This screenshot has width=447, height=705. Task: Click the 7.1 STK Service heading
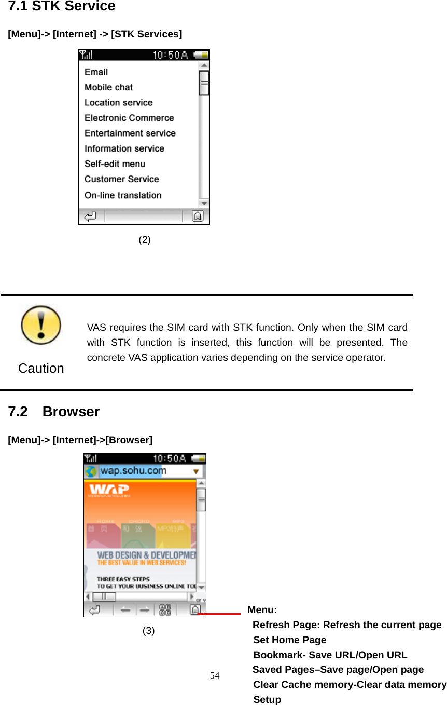click(x=62, y=7)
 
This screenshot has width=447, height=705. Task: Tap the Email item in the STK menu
click(x=96, y=72)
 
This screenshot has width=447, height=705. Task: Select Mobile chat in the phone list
click(x=108, y=87)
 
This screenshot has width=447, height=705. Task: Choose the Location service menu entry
click(x=118, y=103)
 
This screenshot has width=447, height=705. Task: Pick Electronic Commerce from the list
click(x=129, y=118)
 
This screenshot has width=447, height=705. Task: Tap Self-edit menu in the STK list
click(x=115, y=164)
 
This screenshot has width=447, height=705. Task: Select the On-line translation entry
click(x=123, y=195)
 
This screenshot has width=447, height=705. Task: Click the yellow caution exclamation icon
click(x=41, y=326)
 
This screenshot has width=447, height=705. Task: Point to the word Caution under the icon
click(x=41, y=368)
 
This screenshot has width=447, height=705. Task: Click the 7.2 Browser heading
click(x=54, y=412)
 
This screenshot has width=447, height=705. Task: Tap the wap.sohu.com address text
click(x=133, y=471)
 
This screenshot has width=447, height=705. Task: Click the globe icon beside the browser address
click(x=91, y=471)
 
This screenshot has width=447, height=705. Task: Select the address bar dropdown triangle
click(x=197, y=472)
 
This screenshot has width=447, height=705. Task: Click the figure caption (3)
click(x=149, y=631)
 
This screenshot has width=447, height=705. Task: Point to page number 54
click(x=215, y=675)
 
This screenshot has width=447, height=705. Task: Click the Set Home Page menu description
click(x=290, y=640)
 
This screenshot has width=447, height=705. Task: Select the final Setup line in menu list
click(x=267, y=699)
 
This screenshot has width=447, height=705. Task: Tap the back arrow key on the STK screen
click(x=90, y=216)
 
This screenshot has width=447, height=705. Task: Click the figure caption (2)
click(x=145, y=240)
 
